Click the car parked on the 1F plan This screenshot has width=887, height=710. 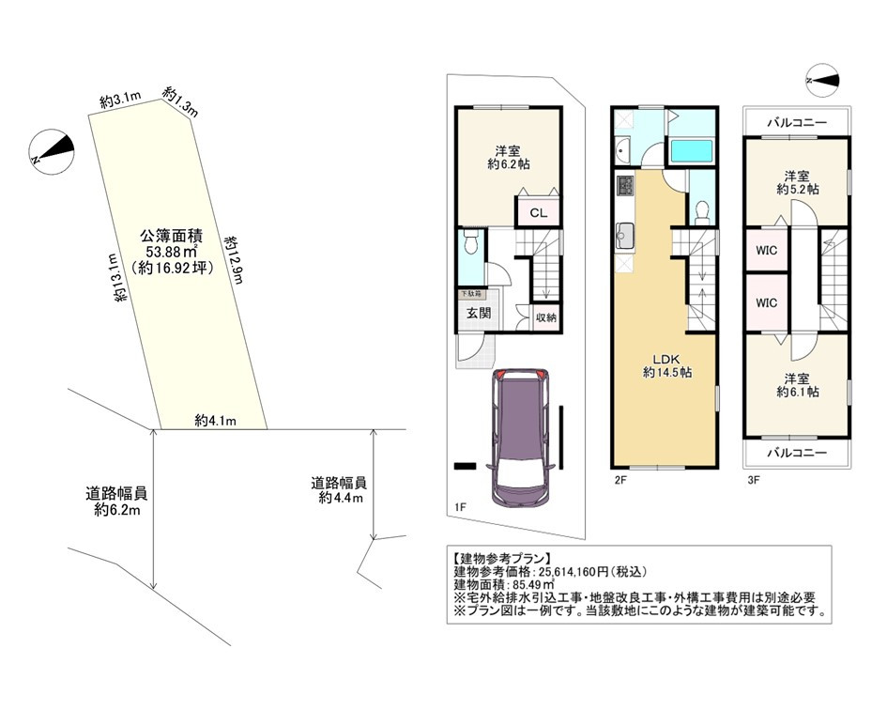click(518, 438)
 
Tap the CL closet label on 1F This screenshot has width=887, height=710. click(539, 213)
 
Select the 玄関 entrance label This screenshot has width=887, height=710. click(479, 313)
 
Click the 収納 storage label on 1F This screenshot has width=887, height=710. click(546, 317)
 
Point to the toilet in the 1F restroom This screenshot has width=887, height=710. click(470, 243)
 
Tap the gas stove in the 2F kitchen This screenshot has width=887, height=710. click(626, 186)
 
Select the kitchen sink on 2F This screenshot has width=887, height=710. click(625, 236)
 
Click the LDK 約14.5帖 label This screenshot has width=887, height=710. click(667, 365)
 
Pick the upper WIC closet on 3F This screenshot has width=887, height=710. click(766, 250)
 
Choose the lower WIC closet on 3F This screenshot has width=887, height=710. click(766, 303)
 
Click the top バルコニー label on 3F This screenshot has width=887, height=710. click(797, 122)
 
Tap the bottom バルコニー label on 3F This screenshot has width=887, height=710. click(797, 453)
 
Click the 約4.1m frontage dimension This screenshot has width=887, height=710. click(216, 420)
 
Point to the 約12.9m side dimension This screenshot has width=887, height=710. click(233, 260)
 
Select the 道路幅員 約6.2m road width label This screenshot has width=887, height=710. click(117, 502)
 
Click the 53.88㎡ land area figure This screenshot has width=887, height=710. click(172, 252)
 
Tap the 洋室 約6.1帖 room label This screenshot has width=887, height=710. click(797, 385)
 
